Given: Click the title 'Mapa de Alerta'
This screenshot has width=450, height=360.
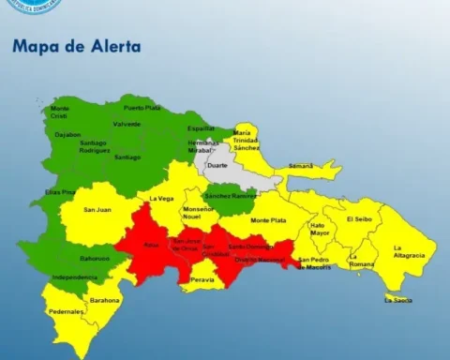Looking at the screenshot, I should (x=76, y=45).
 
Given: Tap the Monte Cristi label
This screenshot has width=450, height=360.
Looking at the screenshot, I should (x=60, y=112).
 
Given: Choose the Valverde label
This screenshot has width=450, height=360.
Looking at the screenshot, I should (x=127, y=124).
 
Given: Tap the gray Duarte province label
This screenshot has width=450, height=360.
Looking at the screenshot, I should (x=217, y=165).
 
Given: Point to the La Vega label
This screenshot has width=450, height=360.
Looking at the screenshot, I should (x=161, y=199).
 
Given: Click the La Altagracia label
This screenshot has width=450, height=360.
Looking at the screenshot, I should (x=409, y=251).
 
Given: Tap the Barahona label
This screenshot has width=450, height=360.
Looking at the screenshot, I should (x=105, y=300).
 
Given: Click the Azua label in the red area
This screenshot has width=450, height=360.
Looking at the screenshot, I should (x=150, y=244).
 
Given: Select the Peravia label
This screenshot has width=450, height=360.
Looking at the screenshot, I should (x=202, y=279).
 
